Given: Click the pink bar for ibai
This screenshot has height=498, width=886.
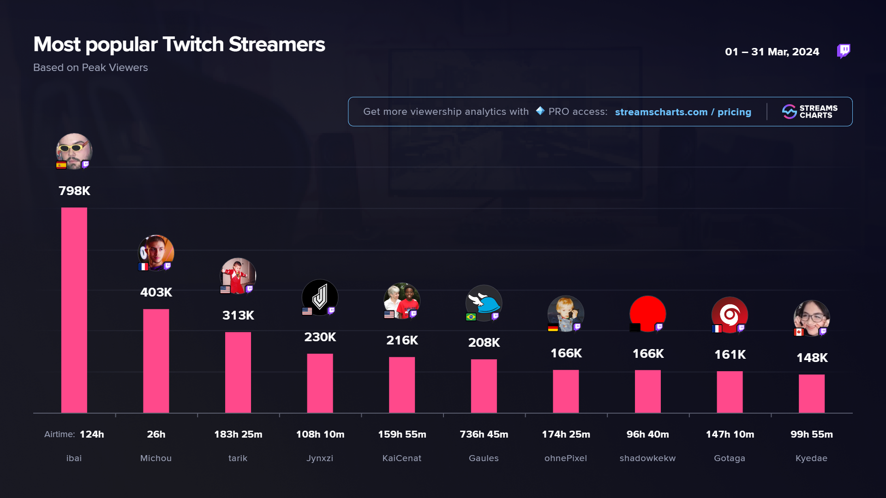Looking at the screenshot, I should point(74,310).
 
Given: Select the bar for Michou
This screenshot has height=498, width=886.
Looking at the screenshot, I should point(156,361).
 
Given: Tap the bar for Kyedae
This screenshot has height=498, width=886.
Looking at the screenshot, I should point(811,393).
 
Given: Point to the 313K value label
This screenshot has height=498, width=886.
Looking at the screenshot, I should point(238,315).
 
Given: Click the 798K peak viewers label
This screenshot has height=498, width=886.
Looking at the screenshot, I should point(74,191).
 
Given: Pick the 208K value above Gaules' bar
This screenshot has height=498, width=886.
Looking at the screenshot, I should point(484,343).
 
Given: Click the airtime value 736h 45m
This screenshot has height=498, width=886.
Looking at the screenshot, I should point(484,434).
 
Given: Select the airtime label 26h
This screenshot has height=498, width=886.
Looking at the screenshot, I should point(156,434).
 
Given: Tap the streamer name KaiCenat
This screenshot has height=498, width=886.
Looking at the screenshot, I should point(401,458).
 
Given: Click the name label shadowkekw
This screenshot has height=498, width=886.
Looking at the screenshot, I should point(647,458).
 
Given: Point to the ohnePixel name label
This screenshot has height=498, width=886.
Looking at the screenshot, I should point(565,458).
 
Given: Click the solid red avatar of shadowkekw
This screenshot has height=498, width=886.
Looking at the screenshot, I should point(647,313).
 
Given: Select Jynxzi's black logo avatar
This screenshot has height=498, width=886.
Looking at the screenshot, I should point(320,296).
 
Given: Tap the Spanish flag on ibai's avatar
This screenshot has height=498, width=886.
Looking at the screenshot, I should point(61,165).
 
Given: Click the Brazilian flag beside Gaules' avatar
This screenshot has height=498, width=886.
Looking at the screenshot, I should point(471,317).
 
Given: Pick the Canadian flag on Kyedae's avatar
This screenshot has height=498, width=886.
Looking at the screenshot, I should point(799,332).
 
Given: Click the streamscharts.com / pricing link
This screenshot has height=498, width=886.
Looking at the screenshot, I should point(683,112).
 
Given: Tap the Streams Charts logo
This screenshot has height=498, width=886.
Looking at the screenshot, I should point(809,112).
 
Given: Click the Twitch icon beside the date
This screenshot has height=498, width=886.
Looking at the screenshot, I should point(844,51).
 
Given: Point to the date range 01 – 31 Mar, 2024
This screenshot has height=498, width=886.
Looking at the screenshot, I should point(772,52).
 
